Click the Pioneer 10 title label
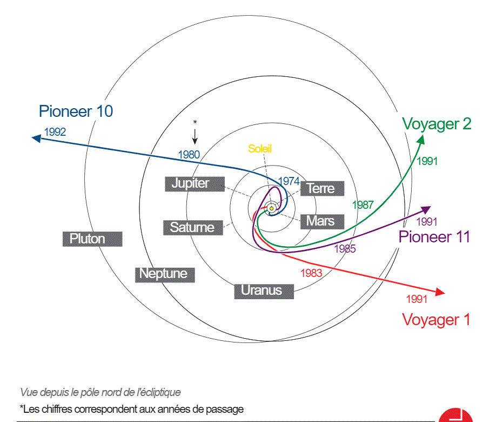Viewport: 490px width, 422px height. pos(76,111)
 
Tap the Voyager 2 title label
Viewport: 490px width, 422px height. pos(437,124)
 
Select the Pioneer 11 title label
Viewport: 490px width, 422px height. pos(434,237)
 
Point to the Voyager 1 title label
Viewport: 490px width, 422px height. pos(436,320)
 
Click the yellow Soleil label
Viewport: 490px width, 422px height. pos(260,149)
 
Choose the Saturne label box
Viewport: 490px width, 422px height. pos(192,227)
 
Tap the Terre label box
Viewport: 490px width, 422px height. pos(321,188)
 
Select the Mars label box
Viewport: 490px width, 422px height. pos(320,221)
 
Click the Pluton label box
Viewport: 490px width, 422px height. pos(92,239)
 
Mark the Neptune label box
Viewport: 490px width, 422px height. pos(164,274)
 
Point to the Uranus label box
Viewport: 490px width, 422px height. pos(264,291)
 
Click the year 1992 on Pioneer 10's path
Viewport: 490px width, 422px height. pos(55,131)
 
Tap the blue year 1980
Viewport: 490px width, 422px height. pos(189,155)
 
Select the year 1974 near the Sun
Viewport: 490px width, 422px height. pos(288,181)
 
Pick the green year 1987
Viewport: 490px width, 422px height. pos(363,205)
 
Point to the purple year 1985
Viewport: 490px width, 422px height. pos(345,249)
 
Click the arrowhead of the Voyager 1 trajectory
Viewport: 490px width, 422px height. pos(440,293)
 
